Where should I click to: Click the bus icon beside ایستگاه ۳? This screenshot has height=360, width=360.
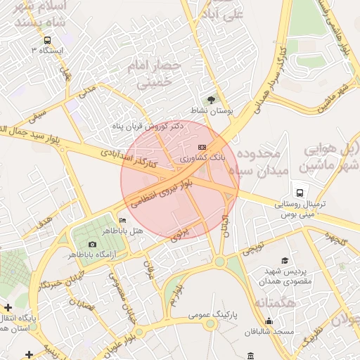click(x=46, y=40)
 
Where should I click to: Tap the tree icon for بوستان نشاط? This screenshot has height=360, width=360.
click(x=212, y=100)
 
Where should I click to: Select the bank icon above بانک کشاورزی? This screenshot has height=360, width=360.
click(x=202, y=147)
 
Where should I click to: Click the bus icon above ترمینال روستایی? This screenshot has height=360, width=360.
click(x=300, y=192)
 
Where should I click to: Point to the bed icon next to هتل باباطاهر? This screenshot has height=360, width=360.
click(x=123, y=221)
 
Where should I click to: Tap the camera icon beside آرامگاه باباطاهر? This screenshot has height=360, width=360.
click(x=92, y=244)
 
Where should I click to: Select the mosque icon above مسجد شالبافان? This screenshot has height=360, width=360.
click(x=268, y=321)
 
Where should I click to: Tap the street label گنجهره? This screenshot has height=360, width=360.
click(x=336, y=240)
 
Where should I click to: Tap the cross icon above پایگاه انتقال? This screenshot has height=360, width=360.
click(x=7, y=307)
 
